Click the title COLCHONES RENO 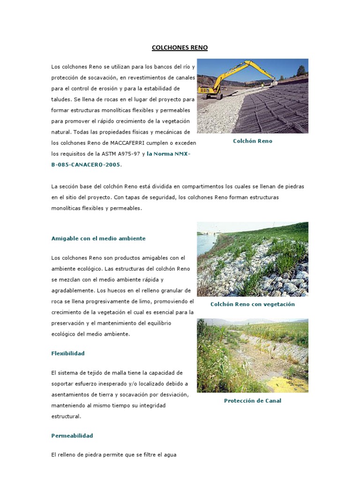(180, 48)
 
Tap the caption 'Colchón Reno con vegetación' (252, 304)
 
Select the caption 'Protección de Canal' (252, 401)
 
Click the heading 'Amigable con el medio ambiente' (98, 238)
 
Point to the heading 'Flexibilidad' (68, 353)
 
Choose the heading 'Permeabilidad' (72, 435)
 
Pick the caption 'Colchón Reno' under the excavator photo (252, 141)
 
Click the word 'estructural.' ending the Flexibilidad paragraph (66, 416)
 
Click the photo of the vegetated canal (252, 355)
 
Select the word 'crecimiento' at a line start (67, 312)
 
